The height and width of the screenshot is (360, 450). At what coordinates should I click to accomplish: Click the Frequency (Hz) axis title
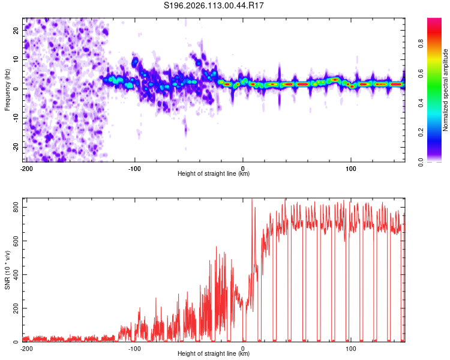point(7,89)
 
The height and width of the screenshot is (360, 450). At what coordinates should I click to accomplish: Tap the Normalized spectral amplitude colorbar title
point(445,90)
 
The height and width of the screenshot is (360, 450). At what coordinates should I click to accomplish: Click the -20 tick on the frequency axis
point(15,147)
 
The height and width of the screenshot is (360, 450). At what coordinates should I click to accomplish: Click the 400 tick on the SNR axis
point(14,274)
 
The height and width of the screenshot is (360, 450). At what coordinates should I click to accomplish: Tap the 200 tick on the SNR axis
point(14,308)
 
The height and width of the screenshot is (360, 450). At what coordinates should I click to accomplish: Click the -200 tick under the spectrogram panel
point(26,168)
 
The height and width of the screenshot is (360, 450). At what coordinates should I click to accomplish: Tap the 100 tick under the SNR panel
point(350,348)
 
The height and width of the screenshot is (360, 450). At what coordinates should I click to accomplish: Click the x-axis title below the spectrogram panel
point(214,174)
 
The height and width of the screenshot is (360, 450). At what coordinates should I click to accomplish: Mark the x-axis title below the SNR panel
point(214,354)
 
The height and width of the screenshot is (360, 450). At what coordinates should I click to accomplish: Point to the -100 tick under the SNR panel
point(134,348)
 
